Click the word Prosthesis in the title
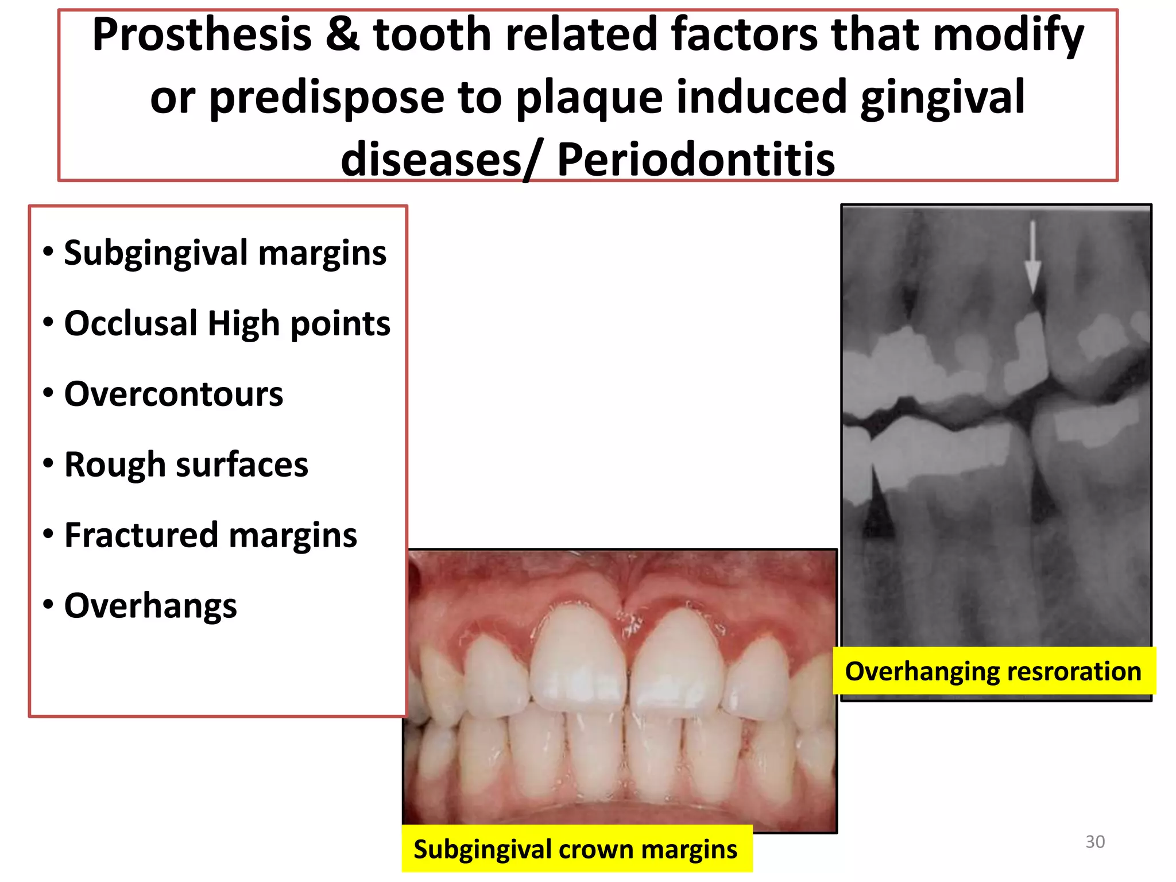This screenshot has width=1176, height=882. coord(202,36)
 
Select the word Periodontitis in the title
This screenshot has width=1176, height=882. coord(695,159)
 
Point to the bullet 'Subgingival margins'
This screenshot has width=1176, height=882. coord(225,253)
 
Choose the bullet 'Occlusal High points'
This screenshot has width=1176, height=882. coord(227,324)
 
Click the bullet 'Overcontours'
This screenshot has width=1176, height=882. coord(173,394)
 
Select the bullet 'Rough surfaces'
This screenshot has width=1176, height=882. coord(186,465)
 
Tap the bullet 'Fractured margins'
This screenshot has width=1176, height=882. coord(210,535)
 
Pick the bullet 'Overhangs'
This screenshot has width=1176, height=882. coord(150,606)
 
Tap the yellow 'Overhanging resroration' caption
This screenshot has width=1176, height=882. coord(993,671)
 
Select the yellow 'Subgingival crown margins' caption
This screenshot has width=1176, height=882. coord(575,849)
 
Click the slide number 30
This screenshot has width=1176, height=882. coord(1094,842)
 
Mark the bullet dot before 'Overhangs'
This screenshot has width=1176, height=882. coord(49,605)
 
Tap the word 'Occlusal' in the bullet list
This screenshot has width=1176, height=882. coord(131,324)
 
